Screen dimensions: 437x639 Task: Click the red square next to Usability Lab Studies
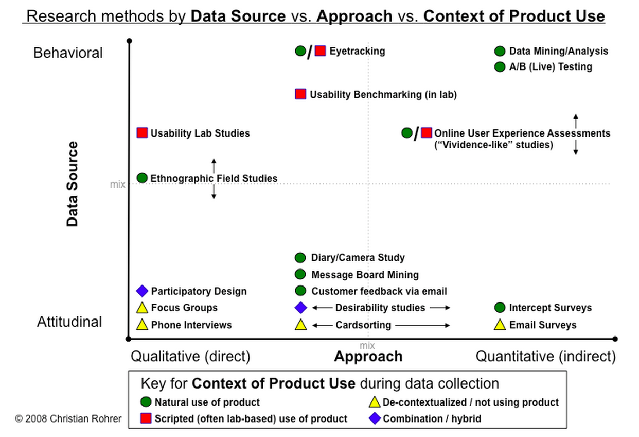pos(143,133)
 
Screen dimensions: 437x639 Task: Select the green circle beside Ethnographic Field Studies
pos(143,178)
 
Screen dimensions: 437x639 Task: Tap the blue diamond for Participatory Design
pos(143,291)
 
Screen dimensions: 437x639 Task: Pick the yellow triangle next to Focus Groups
pos(143,308)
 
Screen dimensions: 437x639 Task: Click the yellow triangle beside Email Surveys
pos(500,325)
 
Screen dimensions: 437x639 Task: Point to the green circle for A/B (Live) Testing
pos(500,67)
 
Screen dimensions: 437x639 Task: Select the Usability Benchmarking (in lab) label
pos(383,95)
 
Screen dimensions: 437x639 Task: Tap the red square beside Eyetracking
pos(320,51)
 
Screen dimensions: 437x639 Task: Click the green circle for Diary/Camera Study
pos(300,258)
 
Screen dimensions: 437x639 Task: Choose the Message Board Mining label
pos(365,275)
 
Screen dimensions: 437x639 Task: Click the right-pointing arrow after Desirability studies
pos(440,308)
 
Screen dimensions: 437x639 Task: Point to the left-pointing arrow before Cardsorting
pos(323,325)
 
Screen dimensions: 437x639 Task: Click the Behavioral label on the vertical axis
pos(68,53)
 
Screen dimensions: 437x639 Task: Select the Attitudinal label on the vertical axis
pos(69,322)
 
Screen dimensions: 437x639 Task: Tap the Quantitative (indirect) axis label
pos(545,357)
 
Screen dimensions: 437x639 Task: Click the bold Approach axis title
pos(368,357)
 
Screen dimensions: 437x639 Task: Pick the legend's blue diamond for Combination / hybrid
pos(375,418)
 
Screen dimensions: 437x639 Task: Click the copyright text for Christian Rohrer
pos(68,418)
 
